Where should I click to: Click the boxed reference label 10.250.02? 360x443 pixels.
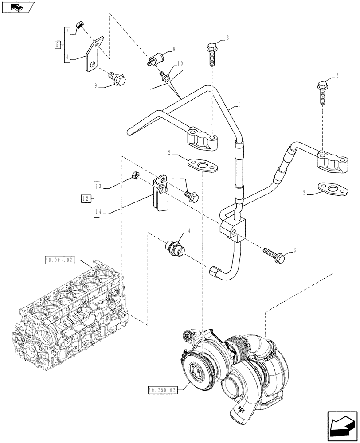click(x=161, y=389)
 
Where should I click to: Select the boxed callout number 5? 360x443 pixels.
click(x=57, y=44)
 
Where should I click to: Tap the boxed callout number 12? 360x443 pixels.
click(x=86, y=198)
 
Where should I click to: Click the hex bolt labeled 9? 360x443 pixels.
click(x=119, y=79)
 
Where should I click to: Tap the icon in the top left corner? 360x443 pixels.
click(x=17, y=7)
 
